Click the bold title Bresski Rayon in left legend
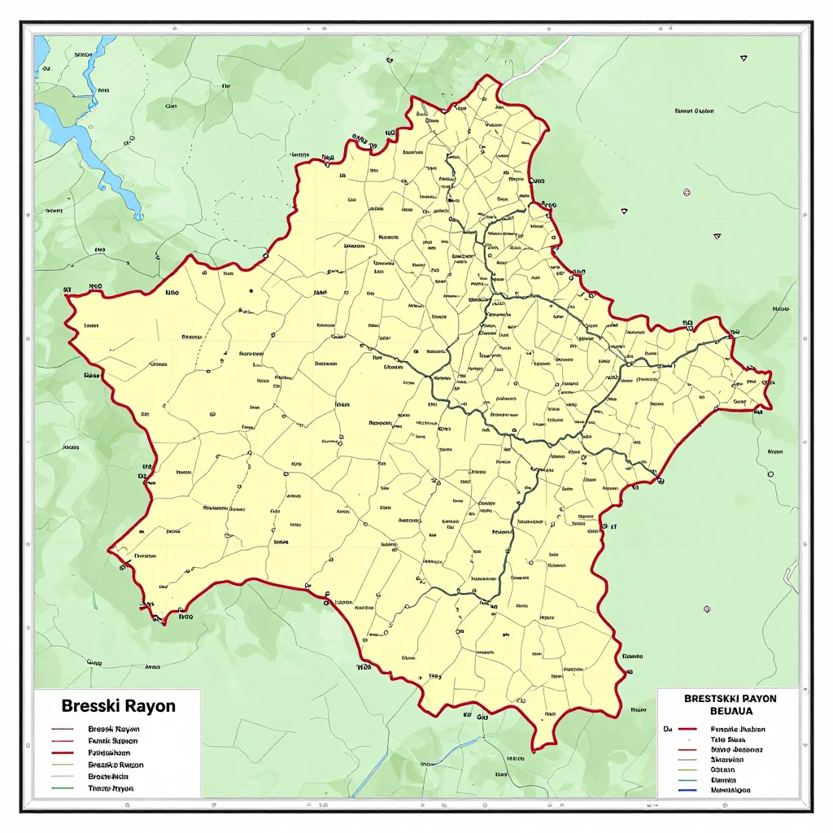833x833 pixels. click(x=119, y=705)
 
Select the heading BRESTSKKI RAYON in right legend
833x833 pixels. click(x=730, y=698)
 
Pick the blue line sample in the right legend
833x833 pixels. click(x=687, y=790)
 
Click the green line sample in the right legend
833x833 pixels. click(x=687, y=779)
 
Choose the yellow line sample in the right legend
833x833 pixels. click(x=687, y=770)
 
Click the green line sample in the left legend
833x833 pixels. click(x=63, y=789)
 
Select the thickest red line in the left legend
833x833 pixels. click(x=63, y=753)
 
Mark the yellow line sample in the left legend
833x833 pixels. click(x=63, y=765)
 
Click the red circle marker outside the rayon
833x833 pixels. click(x=687, y=193)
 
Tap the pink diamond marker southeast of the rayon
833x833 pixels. click(x=707, y=608)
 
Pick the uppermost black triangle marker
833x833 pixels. click(x=744, y=59)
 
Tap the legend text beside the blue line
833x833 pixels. click(x=730, y=790)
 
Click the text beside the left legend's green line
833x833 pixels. click(x=111, y=789)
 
